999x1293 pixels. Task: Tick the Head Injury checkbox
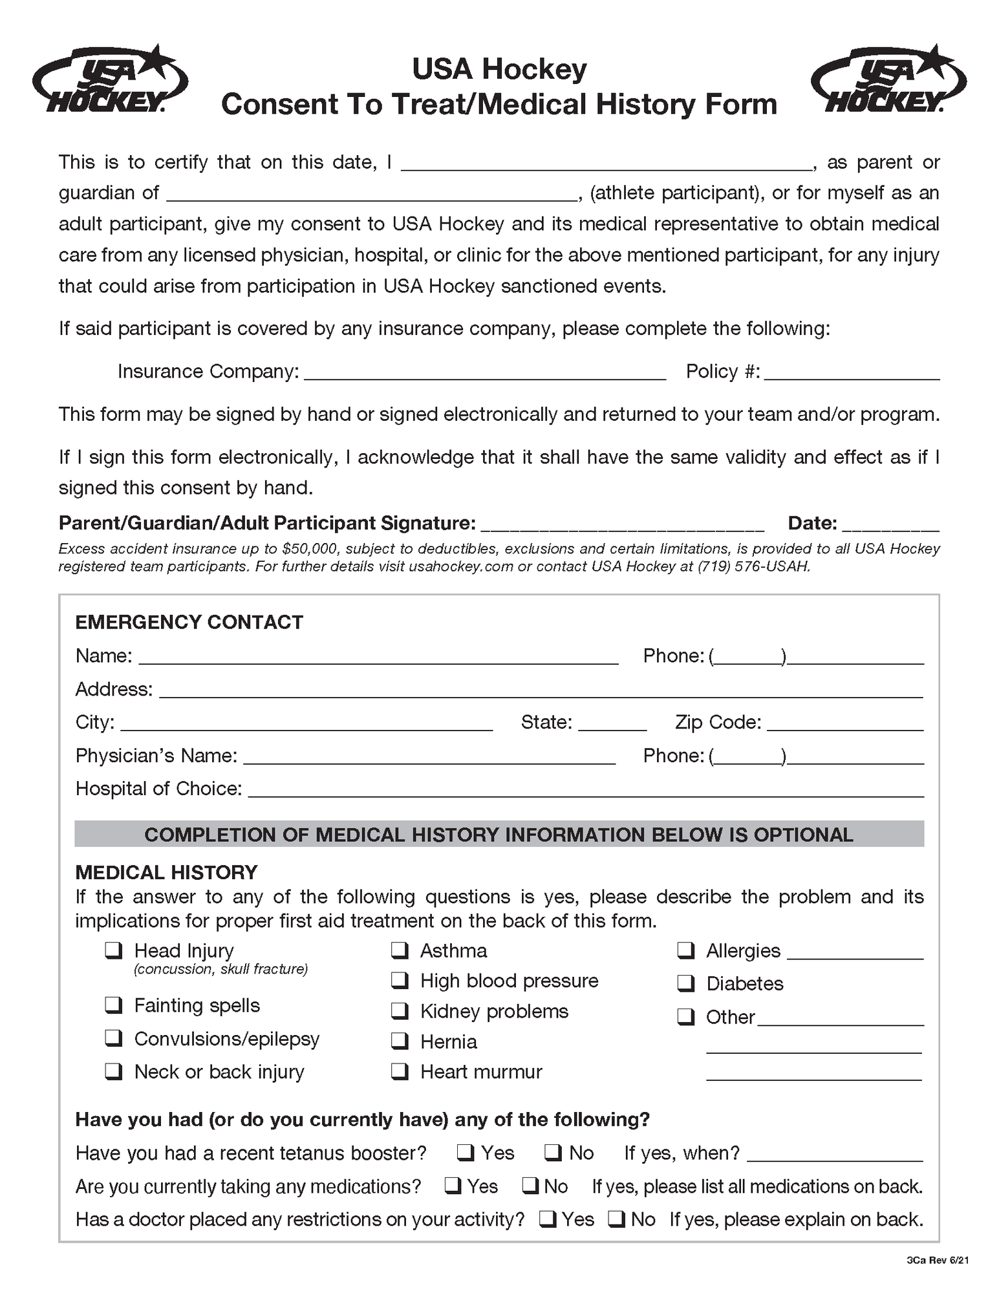coord(114,950)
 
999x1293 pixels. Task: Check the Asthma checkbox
coord(400,950)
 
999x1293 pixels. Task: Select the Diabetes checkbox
coord(685,983)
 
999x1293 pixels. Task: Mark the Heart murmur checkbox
coord(400,1071)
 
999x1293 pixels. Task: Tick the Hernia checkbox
coord(400,1041)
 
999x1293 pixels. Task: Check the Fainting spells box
coord(114,1005)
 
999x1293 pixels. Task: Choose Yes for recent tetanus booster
coord(466,1153)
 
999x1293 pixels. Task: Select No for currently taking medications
coord(531,1186)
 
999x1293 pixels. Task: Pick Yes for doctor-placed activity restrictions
coord(548,1219)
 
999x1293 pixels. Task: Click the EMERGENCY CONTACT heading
coord(189,622)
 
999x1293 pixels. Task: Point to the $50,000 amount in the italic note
coord(309,549)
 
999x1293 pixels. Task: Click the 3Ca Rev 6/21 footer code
coord(937,1260)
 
